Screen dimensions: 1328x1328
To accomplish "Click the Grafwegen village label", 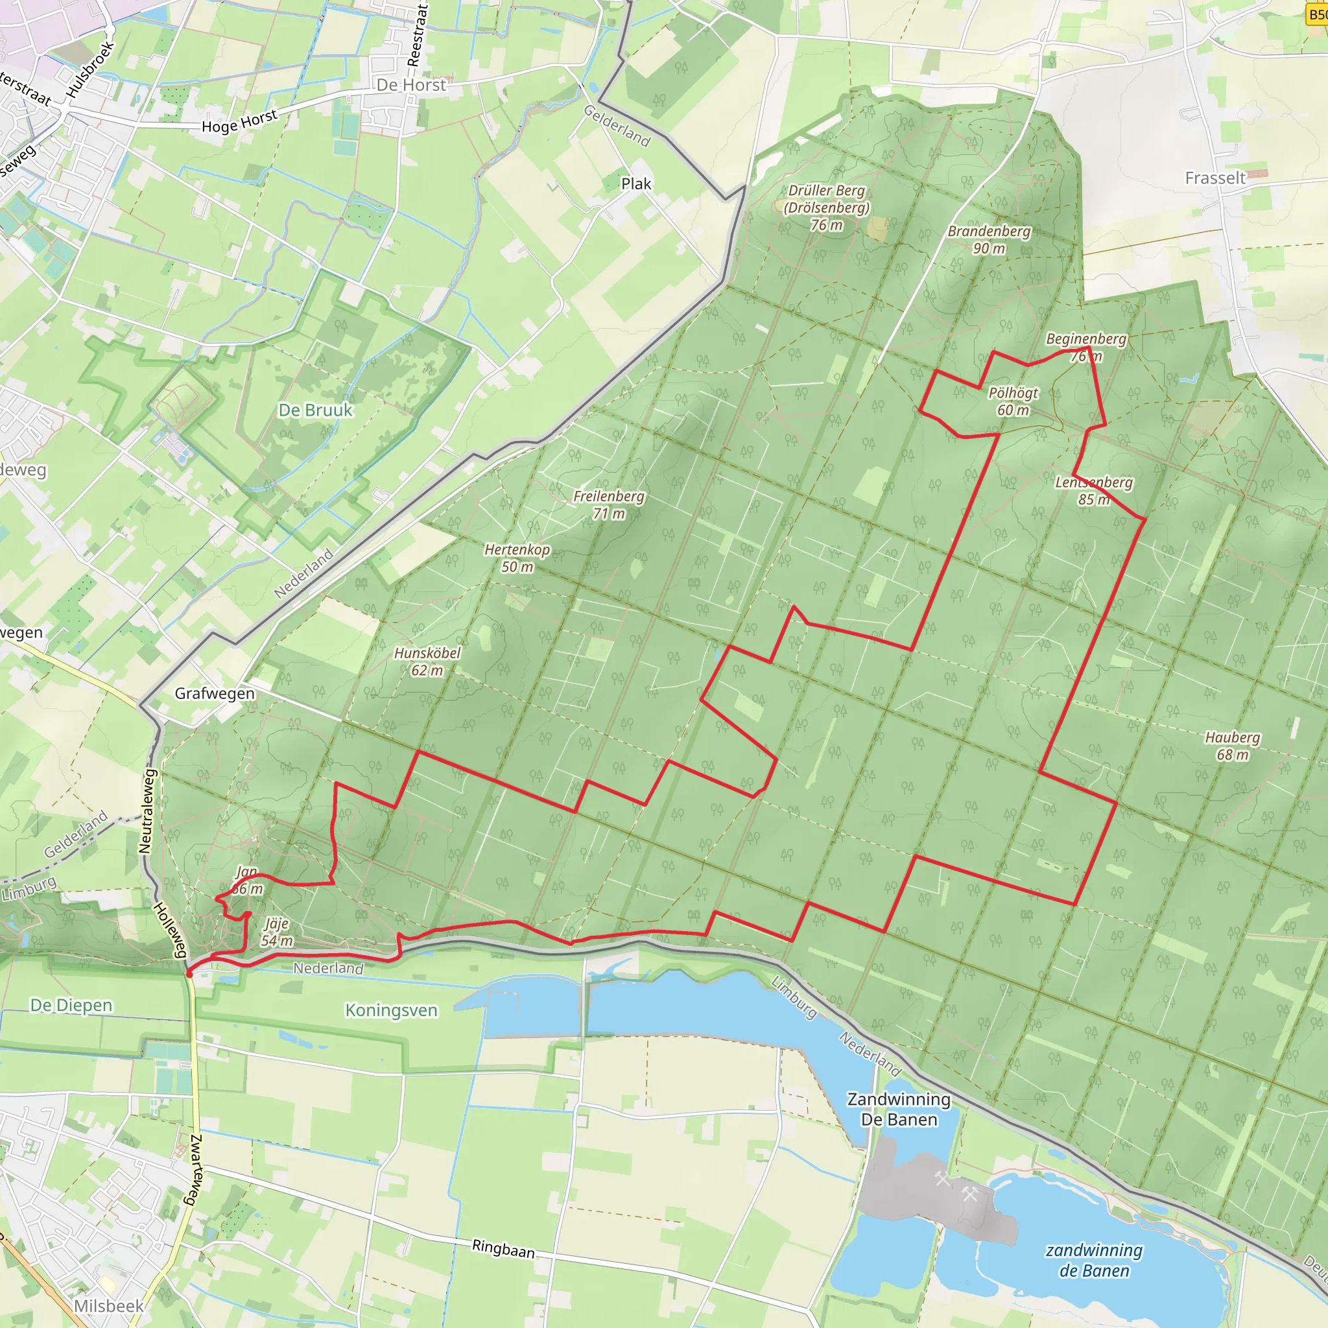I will pos(215,693).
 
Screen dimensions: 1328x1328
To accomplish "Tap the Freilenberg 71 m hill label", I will pos(609,504).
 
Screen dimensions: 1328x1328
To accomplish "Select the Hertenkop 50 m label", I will pos(517,558).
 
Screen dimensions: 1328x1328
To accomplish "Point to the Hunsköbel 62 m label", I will pos(427,661).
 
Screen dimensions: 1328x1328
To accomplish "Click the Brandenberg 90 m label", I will pos(988,239).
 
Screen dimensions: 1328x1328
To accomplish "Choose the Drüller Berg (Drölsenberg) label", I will pos(827,207).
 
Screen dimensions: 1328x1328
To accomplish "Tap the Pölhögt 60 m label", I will pos(1014,401).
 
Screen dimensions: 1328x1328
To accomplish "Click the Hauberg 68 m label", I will pos(1233,746).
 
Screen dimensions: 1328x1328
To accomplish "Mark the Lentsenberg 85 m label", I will pos(1094,491).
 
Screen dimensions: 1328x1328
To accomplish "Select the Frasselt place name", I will pos(1215,178).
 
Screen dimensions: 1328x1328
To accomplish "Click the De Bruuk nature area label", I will pos(316,410).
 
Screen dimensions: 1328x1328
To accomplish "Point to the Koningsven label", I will pos(391,1010).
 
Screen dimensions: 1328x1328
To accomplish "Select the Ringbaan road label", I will pos(503,1248).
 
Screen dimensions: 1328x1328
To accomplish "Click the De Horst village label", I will pos(411,84).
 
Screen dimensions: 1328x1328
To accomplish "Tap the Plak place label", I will pos(636,184).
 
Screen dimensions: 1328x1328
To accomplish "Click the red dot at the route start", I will pos(189,973).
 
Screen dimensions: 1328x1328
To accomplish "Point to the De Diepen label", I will pos(71,1005).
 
